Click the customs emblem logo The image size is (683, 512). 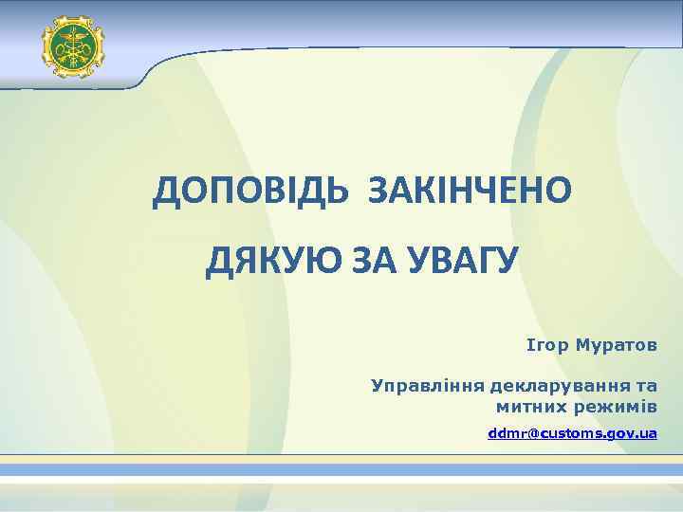pyautogui.click(x=72, y=46)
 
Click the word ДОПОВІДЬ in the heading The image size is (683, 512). pyautogui.click(x=249, y=192)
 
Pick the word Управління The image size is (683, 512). pyautogui.click(x=427, y=387)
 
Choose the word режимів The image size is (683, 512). pyautogui.click(x=615, y=407)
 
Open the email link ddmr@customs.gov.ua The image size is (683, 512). pyautogui.click(x=572, y=433)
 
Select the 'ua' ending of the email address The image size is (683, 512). pyautogui.click(x=648, y=433)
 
